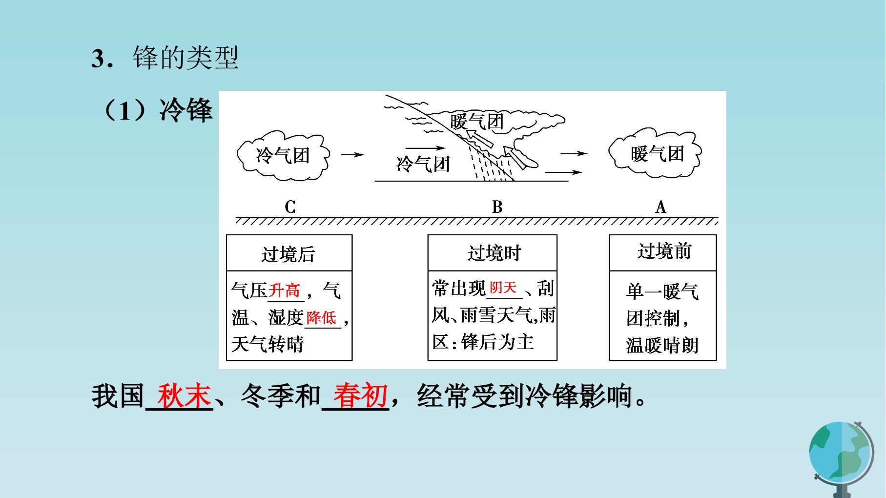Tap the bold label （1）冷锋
(x=156, y=110)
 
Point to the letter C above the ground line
(x=290, y=207)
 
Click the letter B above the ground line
(x=497, y=207)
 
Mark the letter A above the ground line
(x=660, y=207)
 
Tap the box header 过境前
(x=664, y=251)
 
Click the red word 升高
(x=284, y=290)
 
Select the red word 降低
(x=321, y=318)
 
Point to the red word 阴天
(x=503, y=288)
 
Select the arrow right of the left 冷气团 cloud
(x=352, y=155)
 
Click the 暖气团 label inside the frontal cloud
(x=476, y=121)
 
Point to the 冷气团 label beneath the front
(x=423, y=164)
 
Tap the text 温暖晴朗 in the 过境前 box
(x=662, y=345)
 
